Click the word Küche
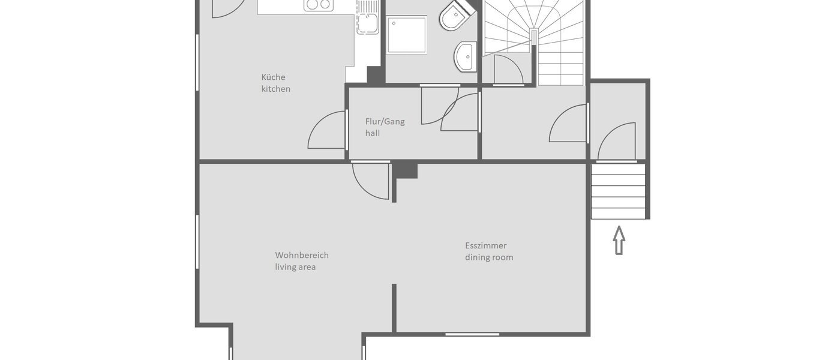(273, 77)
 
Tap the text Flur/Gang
(385, 121)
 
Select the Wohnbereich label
(302, 255)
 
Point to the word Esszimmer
(485, 245)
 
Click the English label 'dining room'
(489, 257)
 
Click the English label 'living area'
(295, 267)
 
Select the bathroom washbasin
(466, 56)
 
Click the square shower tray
(406, 35)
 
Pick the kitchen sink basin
(367, 23)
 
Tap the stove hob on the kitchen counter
(318, 5)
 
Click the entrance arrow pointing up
(619, 240)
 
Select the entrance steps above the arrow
(618, 191)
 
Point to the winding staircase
(540, 36)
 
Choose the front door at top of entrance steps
(617, 142)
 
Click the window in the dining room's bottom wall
(472, 334)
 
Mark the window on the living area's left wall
(197, 241)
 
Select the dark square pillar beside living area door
(406, 170)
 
